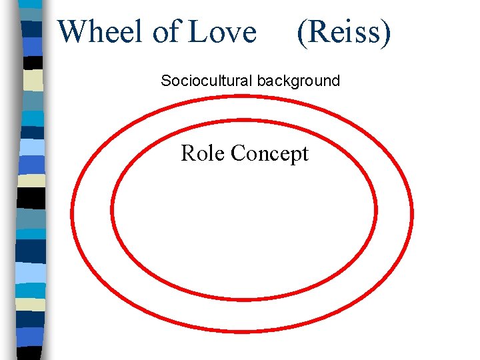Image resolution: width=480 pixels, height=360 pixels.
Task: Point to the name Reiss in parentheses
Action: (x=343, y=31)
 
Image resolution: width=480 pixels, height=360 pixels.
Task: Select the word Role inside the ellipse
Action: (x=203, y=153)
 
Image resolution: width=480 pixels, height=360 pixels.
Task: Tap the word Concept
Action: (x=269, y=154)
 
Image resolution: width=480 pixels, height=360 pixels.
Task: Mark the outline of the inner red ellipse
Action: (x=111, y=213)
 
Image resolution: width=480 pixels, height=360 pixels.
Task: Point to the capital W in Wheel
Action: (x=71, y=31)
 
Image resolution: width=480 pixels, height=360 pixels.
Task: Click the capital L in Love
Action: (x=199, y=31)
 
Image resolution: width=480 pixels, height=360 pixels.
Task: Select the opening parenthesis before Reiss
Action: (x=301, y=33)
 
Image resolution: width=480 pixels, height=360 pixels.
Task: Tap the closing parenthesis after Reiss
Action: (x=385, y=33)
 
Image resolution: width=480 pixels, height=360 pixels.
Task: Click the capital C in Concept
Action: (x=237, y=153)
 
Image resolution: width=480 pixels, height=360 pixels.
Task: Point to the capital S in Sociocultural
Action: (x=165, y=81)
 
